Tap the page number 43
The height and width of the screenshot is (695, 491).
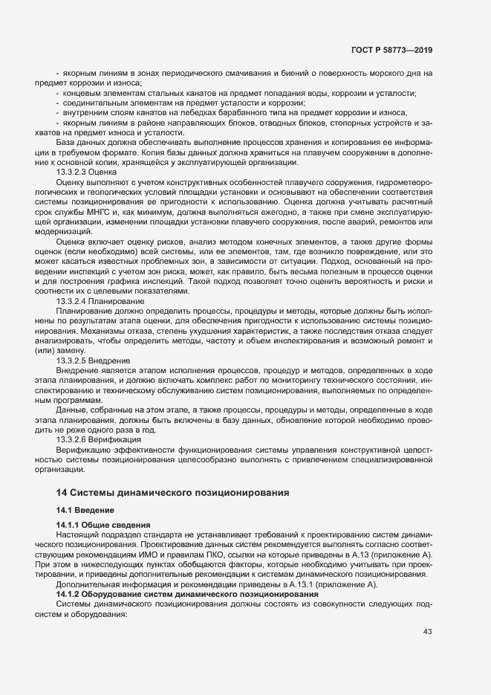coord(427,631)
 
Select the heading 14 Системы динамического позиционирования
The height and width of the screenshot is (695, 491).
coord(173,492)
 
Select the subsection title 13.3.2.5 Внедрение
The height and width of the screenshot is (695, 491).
coord(93,359)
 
